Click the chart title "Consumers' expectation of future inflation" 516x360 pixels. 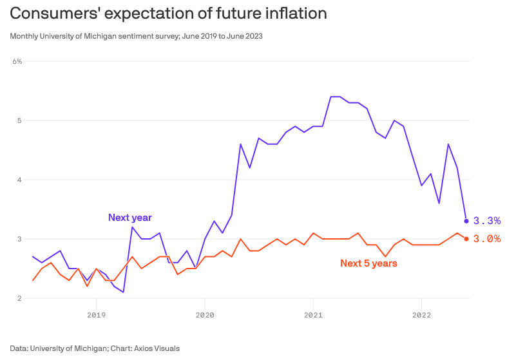tap(168, 13)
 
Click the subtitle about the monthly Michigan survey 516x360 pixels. tap(136, 36)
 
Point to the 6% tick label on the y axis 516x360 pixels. tap(17, 61)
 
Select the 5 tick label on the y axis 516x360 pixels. tap(19, 120)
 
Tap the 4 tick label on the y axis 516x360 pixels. tap(19, 180)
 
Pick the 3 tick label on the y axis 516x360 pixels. tap(19, 239)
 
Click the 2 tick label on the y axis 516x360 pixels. tap(19, 298)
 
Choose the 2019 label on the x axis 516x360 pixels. tap(96, 316)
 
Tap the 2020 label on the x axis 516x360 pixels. tap(204, 316)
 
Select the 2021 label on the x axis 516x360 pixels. tap(313, 316)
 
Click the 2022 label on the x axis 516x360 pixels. tap(421, 316)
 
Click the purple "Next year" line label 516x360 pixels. tap(130, 218)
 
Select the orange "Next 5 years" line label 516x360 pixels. tap(368, 263)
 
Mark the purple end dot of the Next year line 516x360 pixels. tap(466, 221)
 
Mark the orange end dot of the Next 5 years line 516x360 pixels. tap(466, 239)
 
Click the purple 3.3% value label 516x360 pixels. tap(486, 221)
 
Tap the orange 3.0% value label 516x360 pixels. tap(486, 239)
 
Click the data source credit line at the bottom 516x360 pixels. tap(95, 348)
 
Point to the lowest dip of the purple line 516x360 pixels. tap(123, 292)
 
